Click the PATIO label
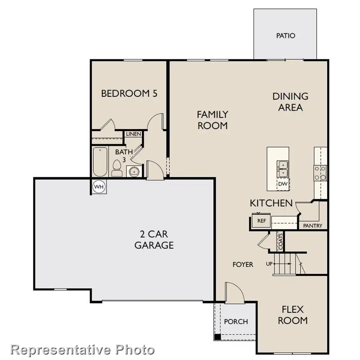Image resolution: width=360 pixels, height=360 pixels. tap(286, 36)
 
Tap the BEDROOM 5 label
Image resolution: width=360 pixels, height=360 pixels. tap(129, 94)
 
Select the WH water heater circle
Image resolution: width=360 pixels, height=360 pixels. tap(98, 186)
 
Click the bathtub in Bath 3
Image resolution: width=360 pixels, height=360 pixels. tap(100, 162)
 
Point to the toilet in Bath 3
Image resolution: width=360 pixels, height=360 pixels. tap(117, 168)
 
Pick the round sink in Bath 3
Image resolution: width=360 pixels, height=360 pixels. tap(133, 171)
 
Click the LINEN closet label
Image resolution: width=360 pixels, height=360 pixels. tap(133, 134)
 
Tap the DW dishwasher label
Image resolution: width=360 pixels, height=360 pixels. tap(283, 184)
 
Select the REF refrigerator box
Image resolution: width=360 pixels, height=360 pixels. tap(261, 220)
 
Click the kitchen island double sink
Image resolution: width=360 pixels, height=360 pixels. tap(283, 168)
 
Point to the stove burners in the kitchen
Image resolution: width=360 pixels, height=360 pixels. tap(320, 172)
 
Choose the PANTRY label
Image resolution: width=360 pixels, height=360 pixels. tap(312, 226)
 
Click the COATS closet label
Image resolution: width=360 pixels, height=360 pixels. tap(281, 241)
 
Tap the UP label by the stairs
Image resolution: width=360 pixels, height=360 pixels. tap(270, 264)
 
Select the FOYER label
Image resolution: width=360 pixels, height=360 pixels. tap(243, 264)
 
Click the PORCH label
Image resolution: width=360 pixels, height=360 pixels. tap(236, 321)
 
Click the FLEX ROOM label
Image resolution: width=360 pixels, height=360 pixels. tap(293, 315)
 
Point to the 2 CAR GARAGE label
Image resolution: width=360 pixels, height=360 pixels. tap(154, 240)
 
